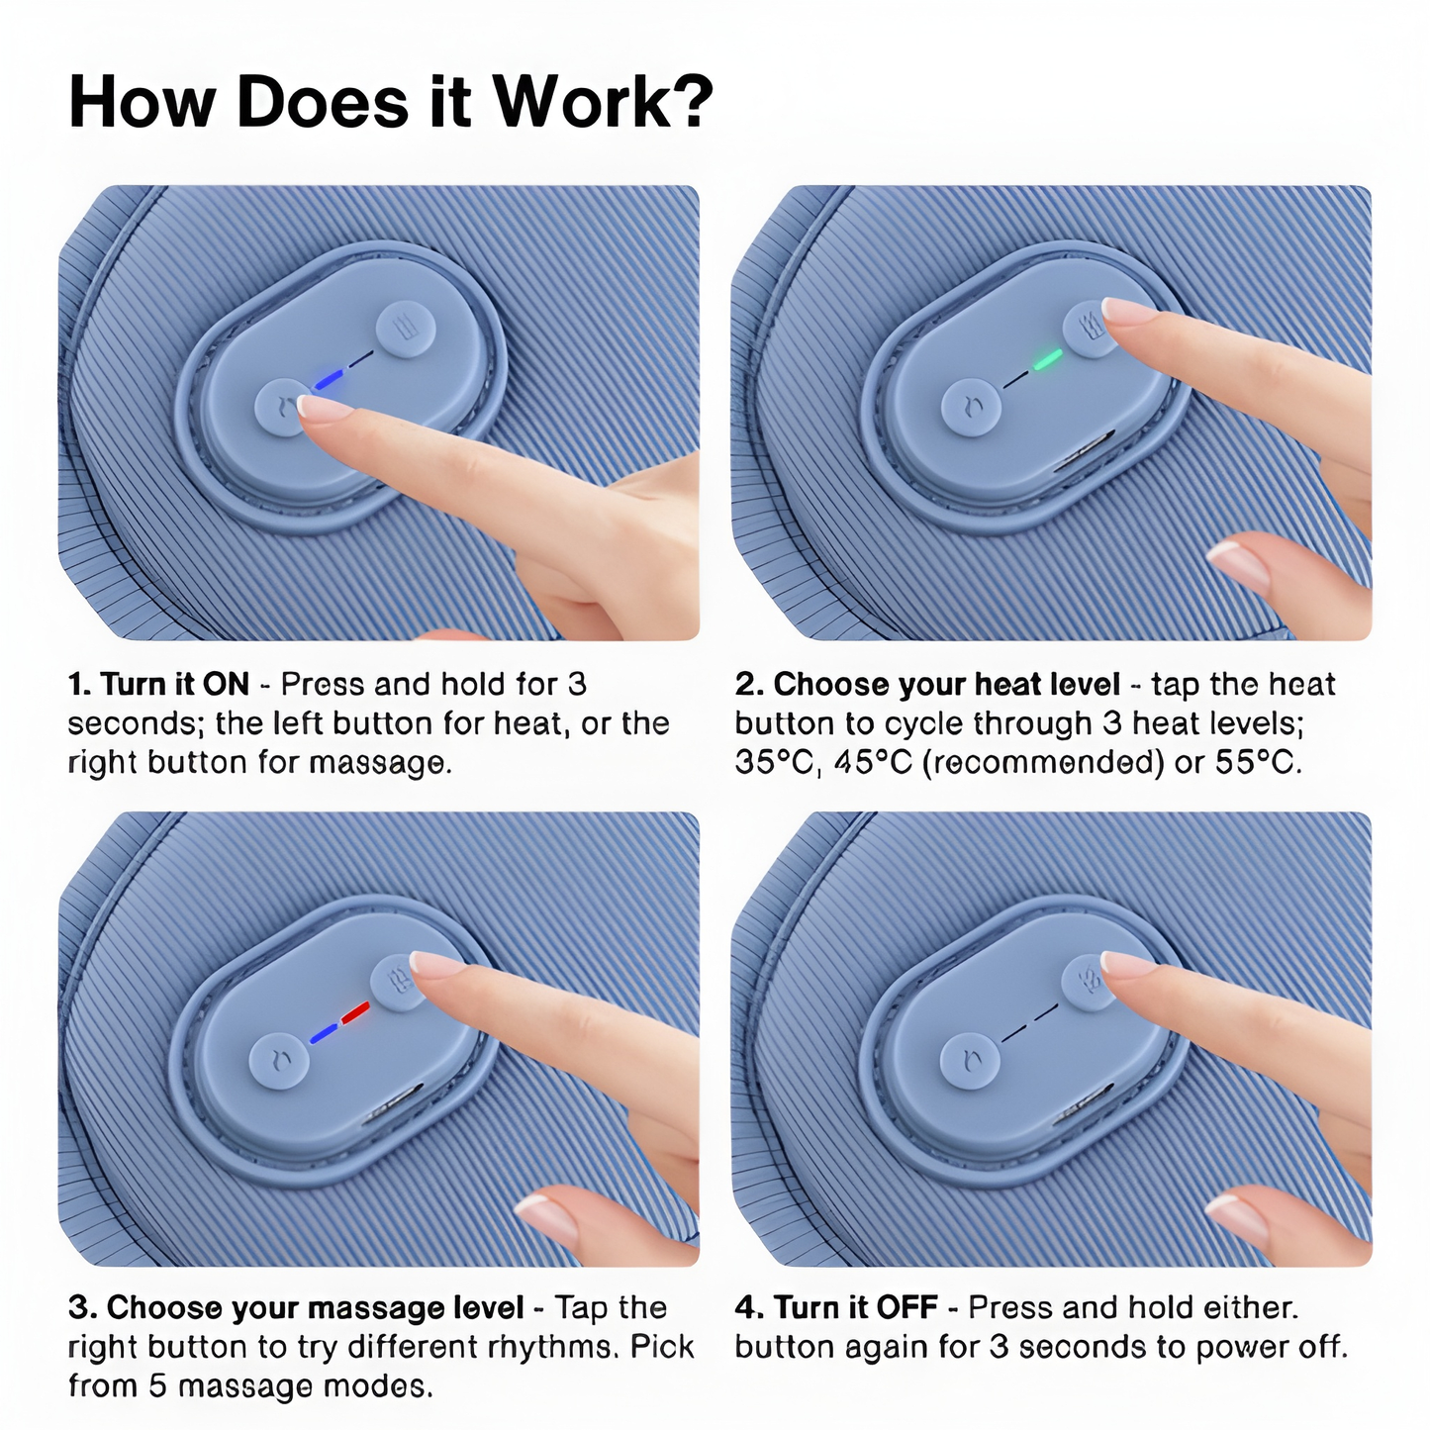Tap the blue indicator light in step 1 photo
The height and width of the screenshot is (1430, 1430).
[x=330, y=379]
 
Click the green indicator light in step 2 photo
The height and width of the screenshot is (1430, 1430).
[x=1048, y=358]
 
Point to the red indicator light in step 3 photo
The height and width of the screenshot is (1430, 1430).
[x=354, y=1012]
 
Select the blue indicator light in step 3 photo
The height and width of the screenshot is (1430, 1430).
[x=324, y=1033]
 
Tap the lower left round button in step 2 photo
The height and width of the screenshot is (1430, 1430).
[x=972, y=408]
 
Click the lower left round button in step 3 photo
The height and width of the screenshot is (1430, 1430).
[x=279, y=1062]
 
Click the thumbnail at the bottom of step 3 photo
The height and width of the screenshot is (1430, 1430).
[x=545, y=1218]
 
